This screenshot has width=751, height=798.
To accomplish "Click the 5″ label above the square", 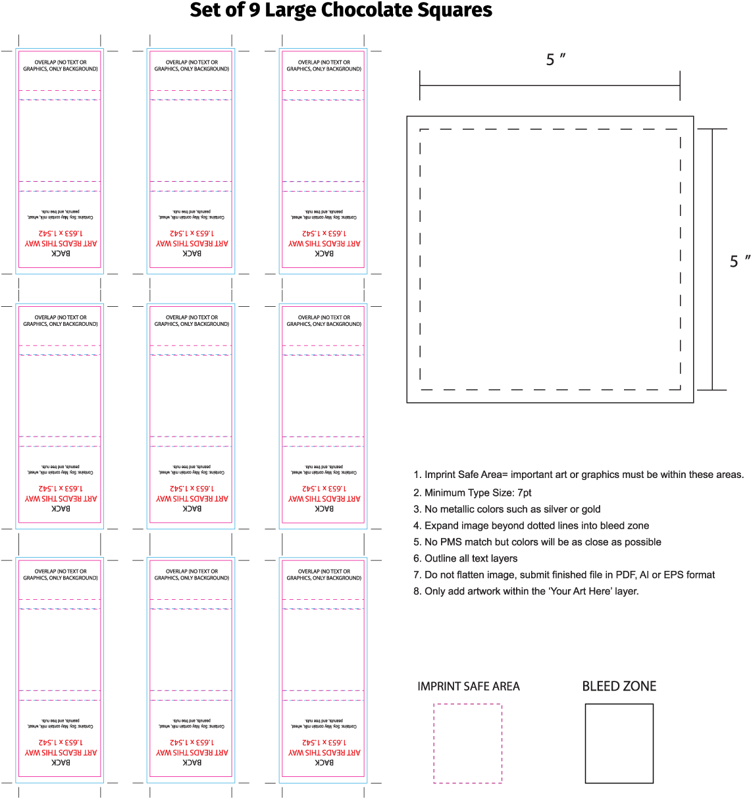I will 556,60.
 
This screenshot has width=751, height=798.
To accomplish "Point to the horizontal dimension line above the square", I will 550,85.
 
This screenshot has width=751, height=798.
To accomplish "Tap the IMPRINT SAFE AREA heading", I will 469,687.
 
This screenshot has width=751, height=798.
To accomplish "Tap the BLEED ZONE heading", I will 619,687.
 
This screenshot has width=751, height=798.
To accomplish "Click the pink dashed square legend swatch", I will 467,743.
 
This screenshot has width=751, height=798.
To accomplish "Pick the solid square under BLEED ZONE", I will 619,743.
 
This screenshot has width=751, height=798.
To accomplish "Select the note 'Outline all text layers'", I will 471,558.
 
